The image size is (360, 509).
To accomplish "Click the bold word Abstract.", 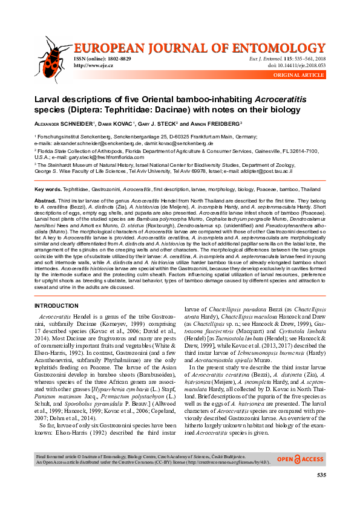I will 45,200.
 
